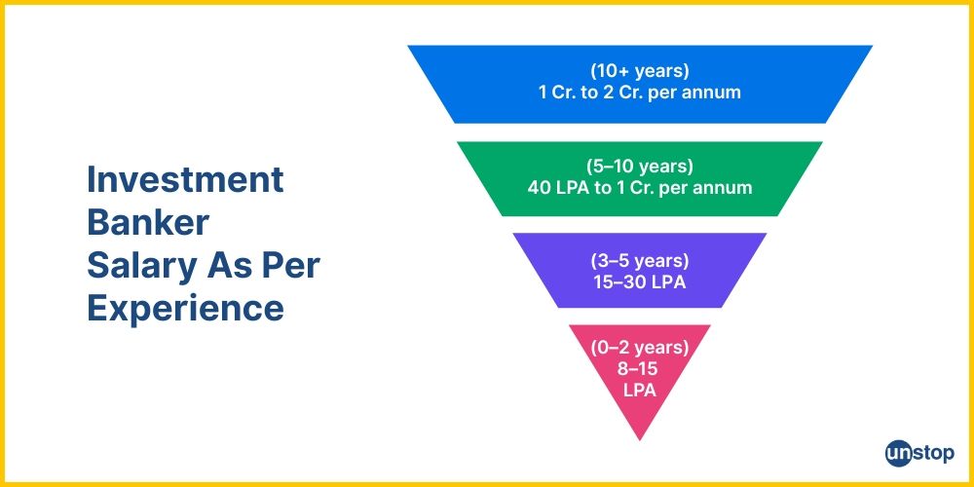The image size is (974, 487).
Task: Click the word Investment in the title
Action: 185,180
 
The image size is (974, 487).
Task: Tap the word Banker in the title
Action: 148,223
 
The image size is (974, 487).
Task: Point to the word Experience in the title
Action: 185,308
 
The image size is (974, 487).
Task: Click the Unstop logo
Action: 920,453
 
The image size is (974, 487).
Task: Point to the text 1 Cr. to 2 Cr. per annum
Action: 640,94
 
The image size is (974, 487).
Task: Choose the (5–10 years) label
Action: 640,166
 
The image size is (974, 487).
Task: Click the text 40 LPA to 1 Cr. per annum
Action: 640,187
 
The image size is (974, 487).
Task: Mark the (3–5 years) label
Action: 640,260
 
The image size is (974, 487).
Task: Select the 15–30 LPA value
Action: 640,281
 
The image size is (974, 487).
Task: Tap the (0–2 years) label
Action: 640,347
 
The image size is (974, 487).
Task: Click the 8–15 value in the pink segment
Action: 640,368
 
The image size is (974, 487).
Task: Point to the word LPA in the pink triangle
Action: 640,390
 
